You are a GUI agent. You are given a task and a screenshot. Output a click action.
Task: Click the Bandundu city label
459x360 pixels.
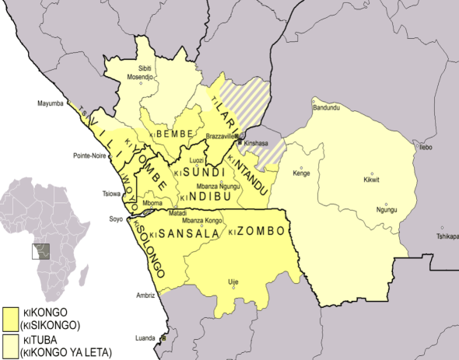pos(326,107)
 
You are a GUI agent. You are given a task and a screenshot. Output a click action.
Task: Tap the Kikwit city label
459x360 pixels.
pos(373,180)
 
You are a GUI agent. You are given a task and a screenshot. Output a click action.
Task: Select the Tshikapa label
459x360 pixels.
pos(448,236)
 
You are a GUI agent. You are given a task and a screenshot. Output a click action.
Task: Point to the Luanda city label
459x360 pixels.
pos(146,339)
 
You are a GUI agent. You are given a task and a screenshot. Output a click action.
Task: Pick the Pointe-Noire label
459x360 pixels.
pos(90,156)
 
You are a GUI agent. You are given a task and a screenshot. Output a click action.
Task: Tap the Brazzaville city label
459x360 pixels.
pos(220,137)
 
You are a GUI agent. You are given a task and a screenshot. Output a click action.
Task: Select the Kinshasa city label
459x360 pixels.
pos(257,145)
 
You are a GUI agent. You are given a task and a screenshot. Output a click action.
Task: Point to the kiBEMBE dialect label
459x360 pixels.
pos(173,135)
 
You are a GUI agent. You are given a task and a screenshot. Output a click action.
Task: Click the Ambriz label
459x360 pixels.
pos(145,295)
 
